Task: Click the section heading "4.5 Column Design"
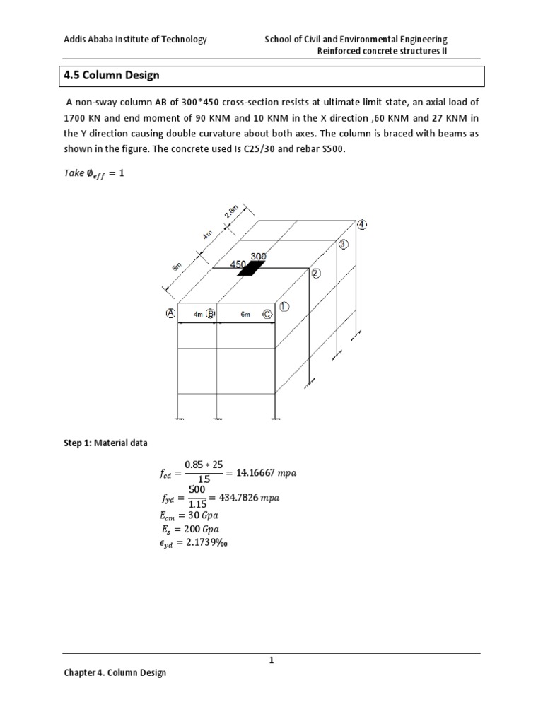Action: [x=112, y=75]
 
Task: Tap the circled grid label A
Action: [x=170, y=313]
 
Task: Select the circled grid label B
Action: [x=211, y=313]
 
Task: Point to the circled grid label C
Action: [x=267, y=313]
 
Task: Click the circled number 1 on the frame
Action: [x=284, y=307]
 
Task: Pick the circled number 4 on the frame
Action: [x=362, y=225]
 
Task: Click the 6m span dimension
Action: [x=245, y=314]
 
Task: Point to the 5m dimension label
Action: [x=177, y=267]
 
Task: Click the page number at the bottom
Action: [x=271, y=660]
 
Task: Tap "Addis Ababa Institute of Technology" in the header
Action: [x=135, y=40]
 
